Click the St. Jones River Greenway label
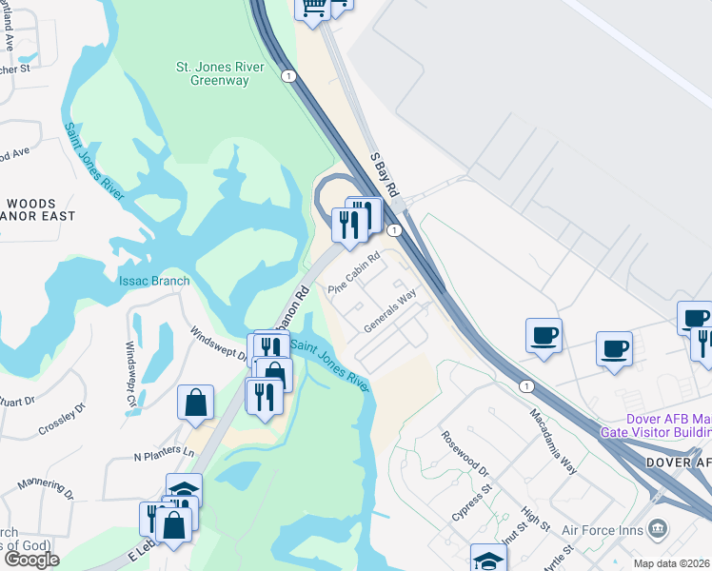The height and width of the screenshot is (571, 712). [212, 74]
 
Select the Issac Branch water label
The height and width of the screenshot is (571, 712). [154, 281]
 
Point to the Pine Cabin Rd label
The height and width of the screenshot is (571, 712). [354, 271]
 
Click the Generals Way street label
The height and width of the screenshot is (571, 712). [390, 311]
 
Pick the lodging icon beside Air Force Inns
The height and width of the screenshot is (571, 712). [658, 528]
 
